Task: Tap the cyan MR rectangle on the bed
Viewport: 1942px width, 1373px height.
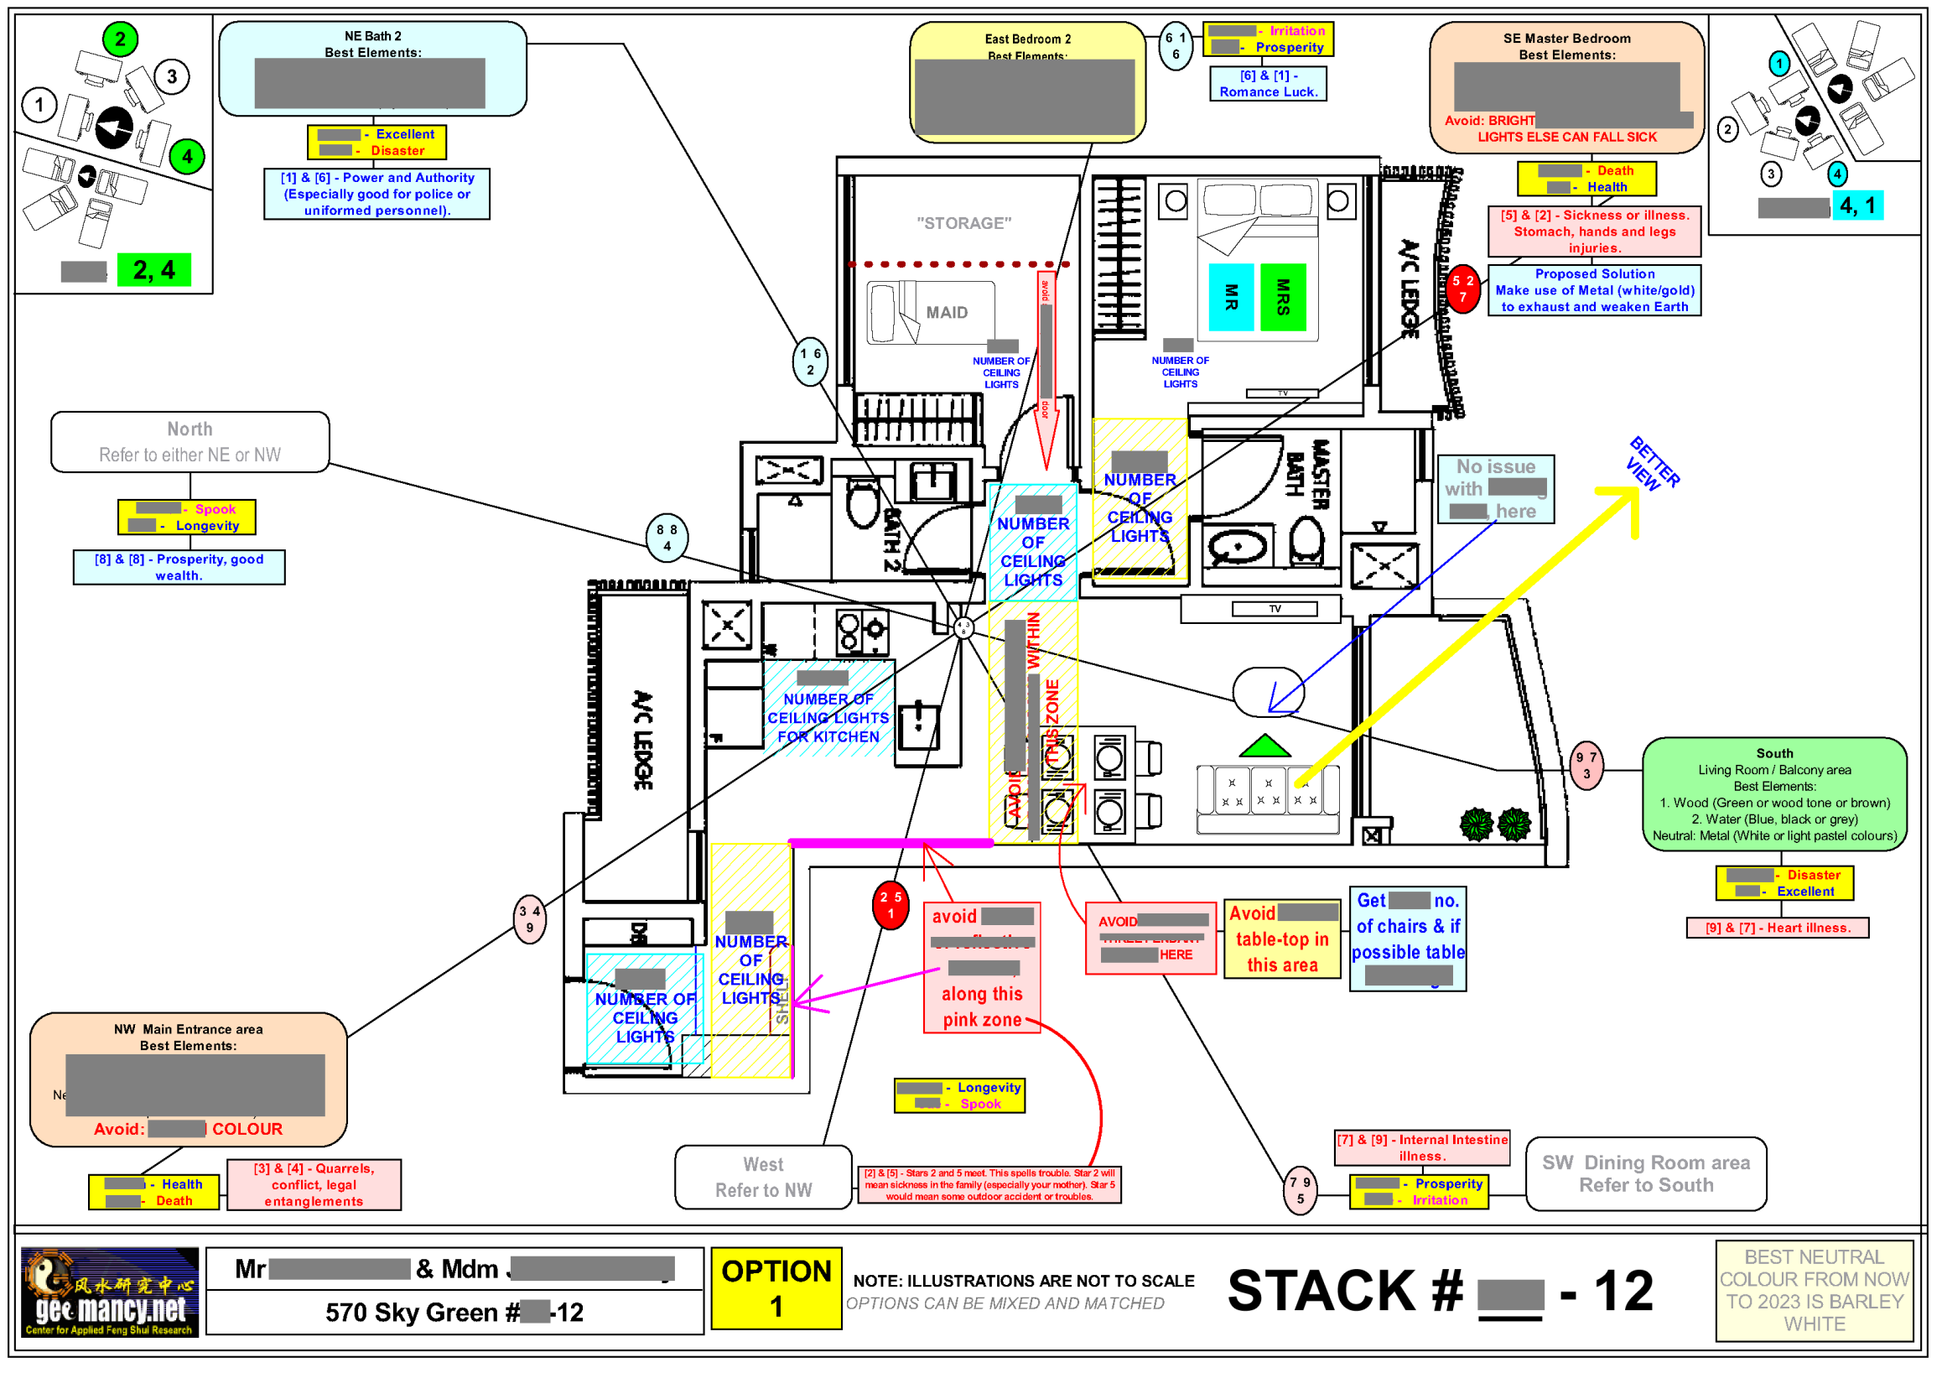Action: [x=1232, y=298]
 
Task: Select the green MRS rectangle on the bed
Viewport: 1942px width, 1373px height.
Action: [x=1284, y=298]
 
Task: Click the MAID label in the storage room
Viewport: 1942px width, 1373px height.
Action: [x=948, y=314]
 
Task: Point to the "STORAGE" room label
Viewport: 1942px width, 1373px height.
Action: [x=965, y=223]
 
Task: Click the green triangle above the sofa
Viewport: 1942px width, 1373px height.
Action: [x=1265, y=747]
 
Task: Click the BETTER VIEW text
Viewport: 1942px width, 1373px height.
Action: [x=1654, y=464]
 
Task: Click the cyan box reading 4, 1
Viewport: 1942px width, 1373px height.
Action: [x=1858, y=205]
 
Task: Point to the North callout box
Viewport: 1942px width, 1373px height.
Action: [x=190, y=443]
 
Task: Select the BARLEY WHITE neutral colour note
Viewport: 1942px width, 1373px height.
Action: [x=1815, y=1291]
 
